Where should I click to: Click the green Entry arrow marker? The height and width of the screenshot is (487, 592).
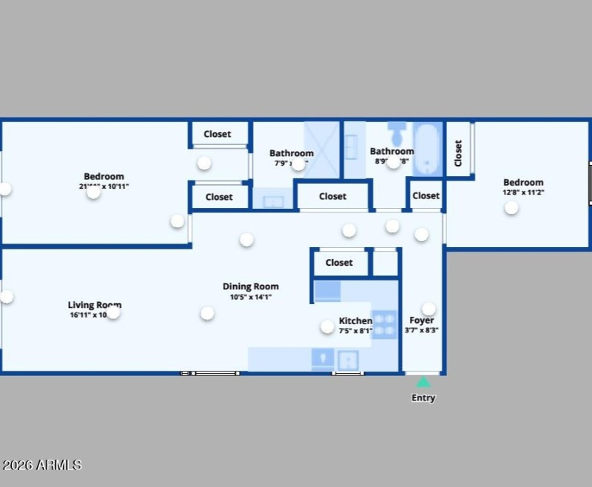click(x=423, y=383)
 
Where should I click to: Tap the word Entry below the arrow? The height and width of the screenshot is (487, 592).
click(x=423, y=398)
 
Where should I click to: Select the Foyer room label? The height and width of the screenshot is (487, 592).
click(x=422, y=320)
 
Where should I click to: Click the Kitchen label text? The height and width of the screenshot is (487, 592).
click(x=355, y=320)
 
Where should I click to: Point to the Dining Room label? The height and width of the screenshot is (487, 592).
click(x=251, y=286)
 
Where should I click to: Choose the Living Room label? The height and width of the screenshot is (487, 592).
click(x=94, y=305)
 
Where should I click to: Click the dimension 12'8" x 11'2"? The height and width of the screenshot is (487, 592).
click(x=523, y=192)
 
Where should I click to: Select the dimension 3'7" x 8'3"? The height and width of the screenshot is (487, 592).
click(x=423, y=331)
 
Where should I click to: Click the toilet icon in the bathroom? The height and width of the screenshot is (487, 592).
click(x=397, y=134)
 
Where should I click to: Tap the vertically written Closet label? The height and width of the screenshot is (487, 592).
click(x=458, y=152)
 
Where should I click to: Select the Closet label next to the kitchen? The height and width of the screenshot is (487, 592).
click(x=339, y=263)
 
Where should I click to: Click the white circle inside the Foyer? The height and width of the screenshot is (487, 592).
click(x=428, y=309)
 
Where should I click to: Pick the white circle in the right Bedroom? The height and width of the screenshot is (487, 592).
click(x=511, y=208)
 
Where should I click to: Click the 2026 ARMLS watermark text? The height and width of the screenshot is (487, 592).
click(x=41, y=465)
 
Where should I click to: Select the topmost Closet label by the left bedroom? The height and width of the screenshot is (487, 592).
click(x=218, y=134)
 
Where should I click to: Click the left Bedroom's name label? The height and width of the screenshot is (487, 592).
click(x=104, y=176)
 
